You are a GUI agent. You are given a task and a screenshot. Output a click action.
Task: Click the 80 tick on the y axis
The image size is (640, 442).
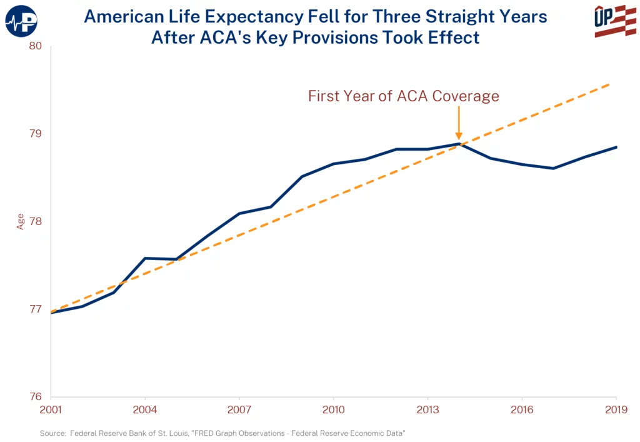[x=36, y=46]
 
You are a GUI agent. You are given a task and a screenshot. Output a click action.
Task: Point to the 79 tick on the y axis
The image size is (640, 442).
[x=36, y=134]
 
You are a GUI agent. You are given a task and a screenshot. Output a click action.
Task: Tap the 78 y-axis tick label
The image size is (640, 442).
[x=36, y=221]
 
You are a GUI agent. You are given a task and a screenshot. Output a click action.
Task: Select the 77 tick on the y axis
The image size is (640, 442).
[x=36, y=309]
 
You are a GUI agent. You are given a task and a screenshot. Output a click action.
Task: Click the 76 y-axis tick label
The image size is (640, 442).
[x=36, y=396]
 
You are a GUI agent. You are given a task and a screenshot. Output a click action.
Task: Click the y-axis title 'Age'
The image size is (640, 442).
[x=21, y=221]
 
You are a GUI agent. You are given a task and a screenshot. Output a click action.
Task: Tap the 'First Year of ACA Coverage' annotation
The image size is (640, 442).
[x=403, y=96]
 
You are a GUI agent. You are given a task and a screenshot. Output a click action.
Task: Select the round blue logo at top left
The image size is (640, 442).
[x=21, y=21]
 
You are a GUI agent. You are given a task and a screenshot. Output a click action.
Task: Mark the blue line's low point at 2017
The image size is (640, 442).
[x=553, y=168]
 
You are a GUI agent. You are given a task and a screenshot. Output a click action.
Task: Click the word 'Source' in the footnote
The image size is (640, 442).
[x=53, y=433]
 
